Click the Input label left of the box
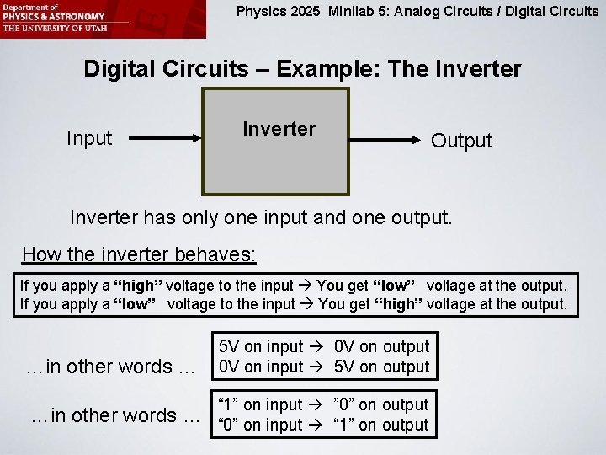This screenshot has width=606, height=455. tap(89, 137)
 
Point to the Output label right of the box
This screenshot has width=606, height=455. tap(461, 141)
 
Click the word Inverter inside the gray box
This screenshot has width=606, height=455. tap(279, 129)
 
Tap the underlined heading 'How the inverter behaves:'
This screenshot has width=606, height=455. tap(139, 254)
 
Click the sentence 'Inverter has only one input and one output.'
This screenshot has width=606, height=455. tap(261, 217)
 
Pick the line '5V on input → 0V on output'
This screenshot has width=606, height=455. tap(324, 346)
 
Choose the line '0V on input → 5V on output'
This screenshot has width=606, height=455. tap(324, 367)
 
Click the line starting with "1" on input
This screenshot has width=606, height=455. tap(324, 404)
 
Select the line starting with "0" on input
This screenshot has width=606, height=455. tap(324, 425)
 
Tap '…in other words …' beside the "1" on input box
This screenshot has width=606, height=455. tap(115, 415)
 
